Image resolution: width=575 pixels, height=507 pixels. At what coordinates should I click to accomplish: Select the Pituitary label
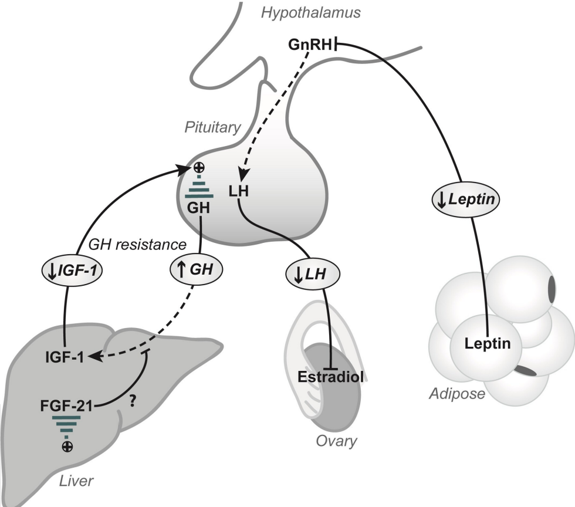212,127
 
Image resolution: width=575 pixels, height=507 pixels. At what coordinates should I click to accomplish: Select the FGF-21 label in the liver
66,405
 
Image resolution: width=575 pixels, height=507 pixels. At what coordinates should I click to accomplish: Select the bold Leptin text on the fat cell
486,343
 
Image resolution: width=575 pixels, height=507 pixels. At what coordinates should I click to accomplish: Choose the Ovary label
337,441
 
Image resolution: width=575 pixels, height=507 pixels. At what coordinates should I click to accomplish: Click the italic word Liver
76,482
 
